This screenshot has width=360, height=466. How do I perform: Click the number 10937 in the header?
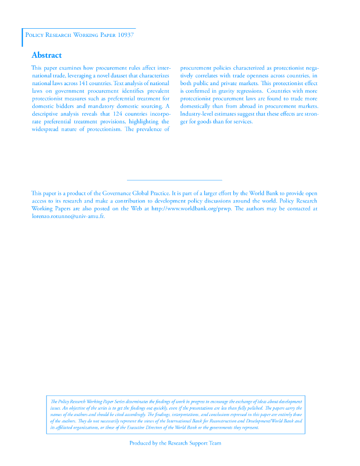tap(126, 35)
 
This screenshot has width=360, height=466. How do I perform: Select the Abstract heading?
tap(46, 56)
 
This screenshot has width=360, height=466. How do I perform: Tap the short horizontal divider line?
tap(174, 181)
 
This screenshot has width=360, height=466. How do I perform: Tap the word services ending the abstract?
tap(242, 122)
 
